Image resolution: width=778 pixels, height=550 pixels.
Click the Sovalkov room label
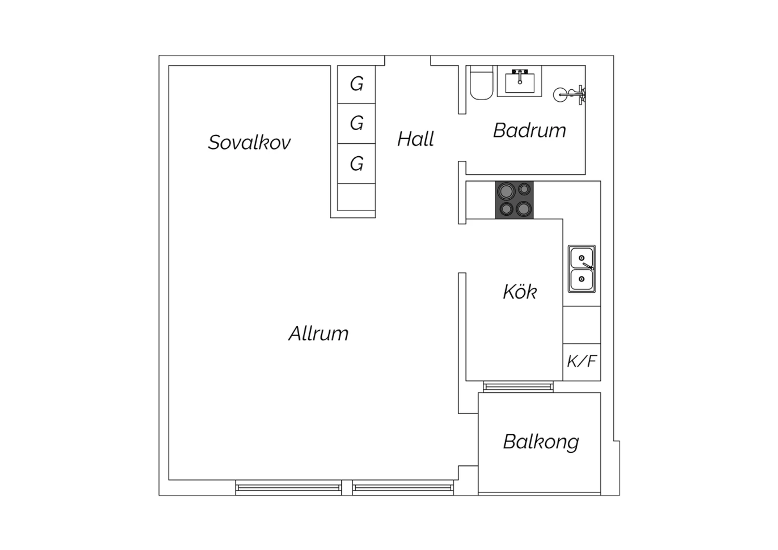(x=249, y=143)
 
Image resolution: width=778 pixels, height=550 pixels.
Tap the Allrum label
(x=318, y=334)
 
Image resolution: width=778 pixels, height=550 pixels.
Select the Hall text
(x=415, y=139)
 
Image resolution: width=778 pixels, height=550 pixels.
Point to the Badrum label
(x=530, y=131)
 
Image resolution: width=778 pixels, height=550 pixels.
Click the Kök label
(x=520, y=291)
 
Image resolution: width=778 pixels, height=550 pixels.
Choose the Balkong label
(x=541, y=442)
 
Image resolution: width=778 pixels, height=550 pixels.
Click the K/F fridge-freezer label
(x=582, y=361)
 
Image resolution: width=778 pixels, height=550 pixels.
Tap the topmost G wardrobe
(x=356, y=84)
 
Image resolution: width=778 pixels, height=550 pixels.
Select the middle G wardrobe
(x=356, y=123)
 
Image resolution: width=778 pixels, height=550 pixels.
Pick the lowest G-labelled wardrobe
(x=356, y=163)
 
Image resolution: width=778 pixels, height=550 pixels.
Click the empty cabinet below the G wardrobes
(x=356, y=197)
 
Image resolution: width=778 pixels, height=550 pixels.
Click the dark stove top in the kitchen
(x=515, y=200)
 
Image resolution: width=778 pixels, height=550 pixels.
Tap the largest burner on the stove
(x=506, y=191)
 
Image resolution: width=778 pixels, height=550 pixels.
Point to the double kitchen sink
(x=582, y=269)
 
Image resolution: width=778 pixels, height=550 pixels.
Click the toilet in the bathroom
(x=481, y=82)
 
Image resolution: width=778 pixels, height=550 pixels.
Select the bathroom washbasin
(x=520, y=81)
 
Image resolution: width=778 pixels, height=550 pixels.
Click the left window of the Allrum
(x=288, y=488)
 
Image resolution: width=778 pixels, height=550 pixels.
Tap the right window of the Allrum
(x=403, y=488)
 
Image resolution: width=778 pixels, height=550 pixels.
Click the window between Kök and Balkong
(x=518, y=387)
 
